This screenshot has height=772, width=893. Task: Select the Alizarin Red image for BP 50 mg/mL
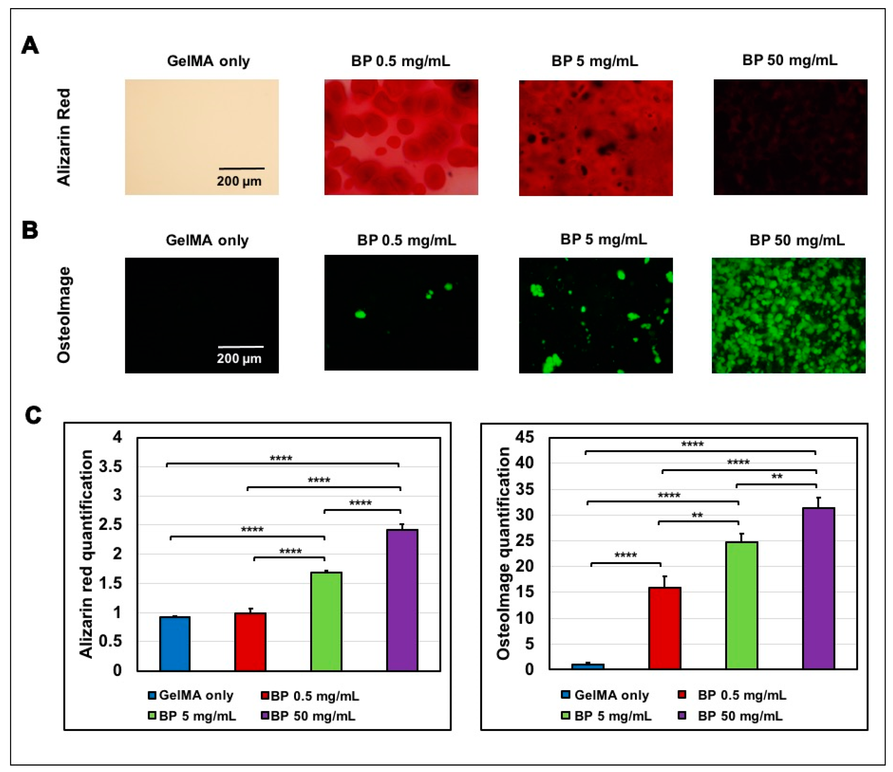click(x=790, y=137)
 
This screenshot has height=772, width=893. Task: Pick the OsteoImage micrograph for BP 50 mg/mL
click(x=788, y=315)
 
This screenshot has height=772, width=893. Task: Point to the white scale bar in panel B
click(x=241, y=346)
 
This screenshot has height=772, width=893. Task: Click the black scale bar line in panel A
click(x=242, y=168)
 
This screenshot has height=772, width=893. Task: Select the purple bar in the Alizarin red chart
click(x=401, y=600)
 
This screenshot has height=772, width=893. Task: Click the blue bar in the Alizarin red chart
click(x=175, y=644)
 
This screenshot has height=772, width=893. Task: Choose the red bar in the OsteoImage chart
click(x=665, y=628)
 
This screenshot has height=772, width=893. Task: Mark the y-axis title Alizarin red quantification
click(x=86, y=554)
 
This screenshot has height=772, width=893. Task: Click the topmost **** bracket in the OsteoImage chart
click(x=700, y=451)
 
